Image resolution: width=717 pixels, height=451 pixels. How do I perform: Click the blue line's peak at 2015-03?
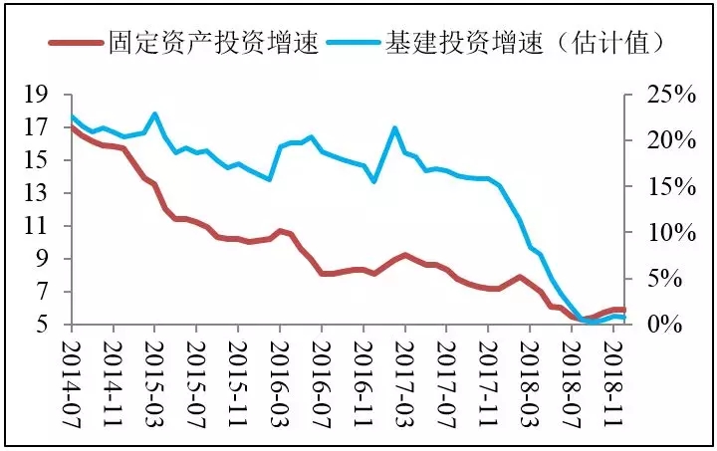coord(154,114)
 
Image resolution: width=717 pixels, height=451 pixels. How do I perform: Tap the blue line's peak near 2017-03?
coord(395,128)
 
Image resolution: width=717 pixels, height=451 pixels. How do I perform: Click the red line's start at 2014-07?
coord(72,127)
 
